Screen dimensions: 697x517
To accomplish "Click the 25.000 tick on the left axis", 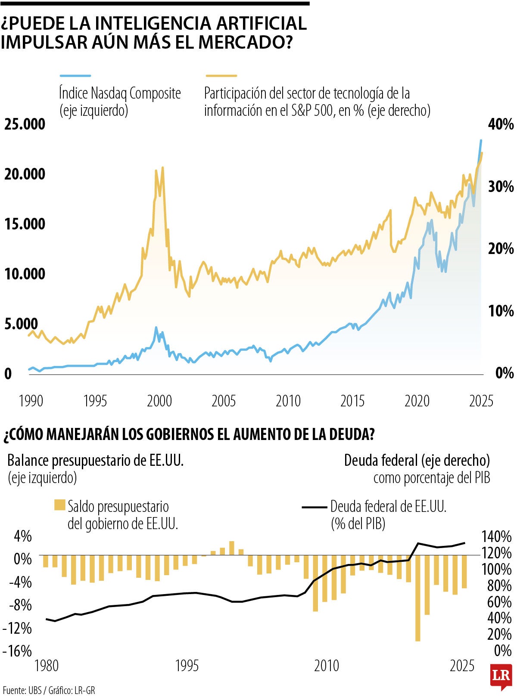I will tap(25, 124).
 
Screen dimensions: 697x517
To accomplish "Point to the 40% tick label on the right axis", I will tap(501, 124).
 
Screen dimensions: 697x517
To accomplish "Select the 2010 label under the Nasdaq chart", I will tap(288, 401).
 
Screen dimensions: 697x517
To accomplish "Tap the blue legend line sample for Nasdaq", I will tap(75, 76).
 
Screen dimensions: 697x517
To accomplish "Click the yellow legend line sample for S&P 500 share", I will tap(221, 76).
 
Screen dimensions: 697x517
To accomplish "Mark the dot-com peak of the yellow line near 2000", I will tap(162, 168).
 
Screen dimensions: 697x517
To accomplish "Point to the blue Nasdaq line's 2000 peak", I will tap(156, 328).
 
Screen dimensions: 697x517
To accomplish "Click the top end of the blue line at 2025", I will tap(481, 141).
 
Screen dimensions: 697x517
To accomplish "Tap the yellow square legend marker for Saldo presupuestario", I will tap(59, 505).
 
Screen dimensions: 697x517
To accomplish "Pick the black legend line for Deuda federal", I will tap(314, 507).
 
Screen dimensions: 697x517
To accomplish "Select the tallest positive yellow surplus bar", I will tap(232, 548).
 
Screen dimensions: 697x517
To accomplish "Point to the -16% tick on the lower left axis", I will tap(17, 651).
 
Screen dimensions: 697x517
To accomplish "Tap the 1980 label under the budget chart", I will tap(46, 666).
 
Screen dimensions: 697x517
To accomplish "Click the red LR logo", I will tap(501, 676).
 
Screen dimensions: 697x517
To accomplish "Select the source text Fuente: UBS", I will tap(22, 690).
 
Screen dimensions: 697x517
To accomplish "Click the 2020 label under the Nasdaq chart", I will tap(417, 401).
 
